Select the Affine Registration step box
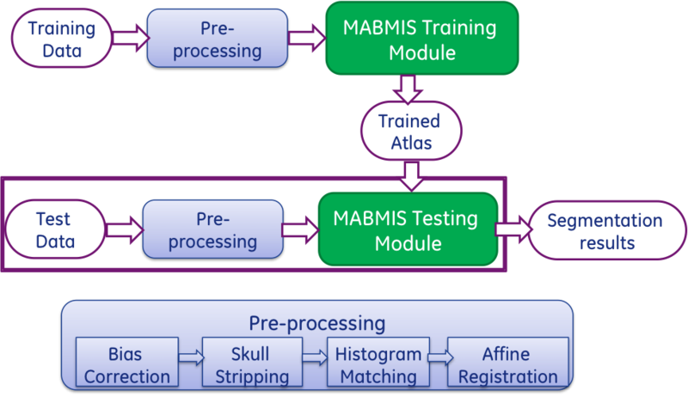[x=508, y=364]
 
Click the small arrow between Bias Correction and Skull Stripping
[x=190, y=354]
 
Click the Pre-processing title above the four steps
[x=316, y=323]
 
